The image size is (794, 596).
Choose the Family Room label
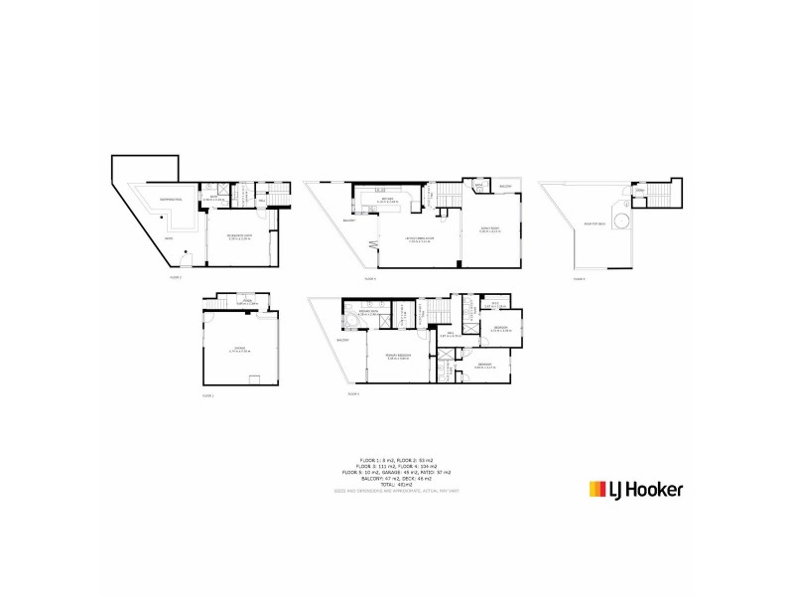click(489, 229)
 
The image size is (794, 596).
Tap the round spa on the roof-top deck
click(621, 220)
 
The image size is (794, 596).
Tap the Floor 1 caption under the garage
click(208, 395)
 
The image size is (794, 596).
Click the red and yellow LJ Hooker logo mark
click(597, 489)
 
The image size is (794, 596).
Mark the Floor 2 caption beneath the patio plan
click(176, 277)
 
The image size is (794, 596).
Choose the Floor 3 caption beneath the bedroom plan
click(352, 394)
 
